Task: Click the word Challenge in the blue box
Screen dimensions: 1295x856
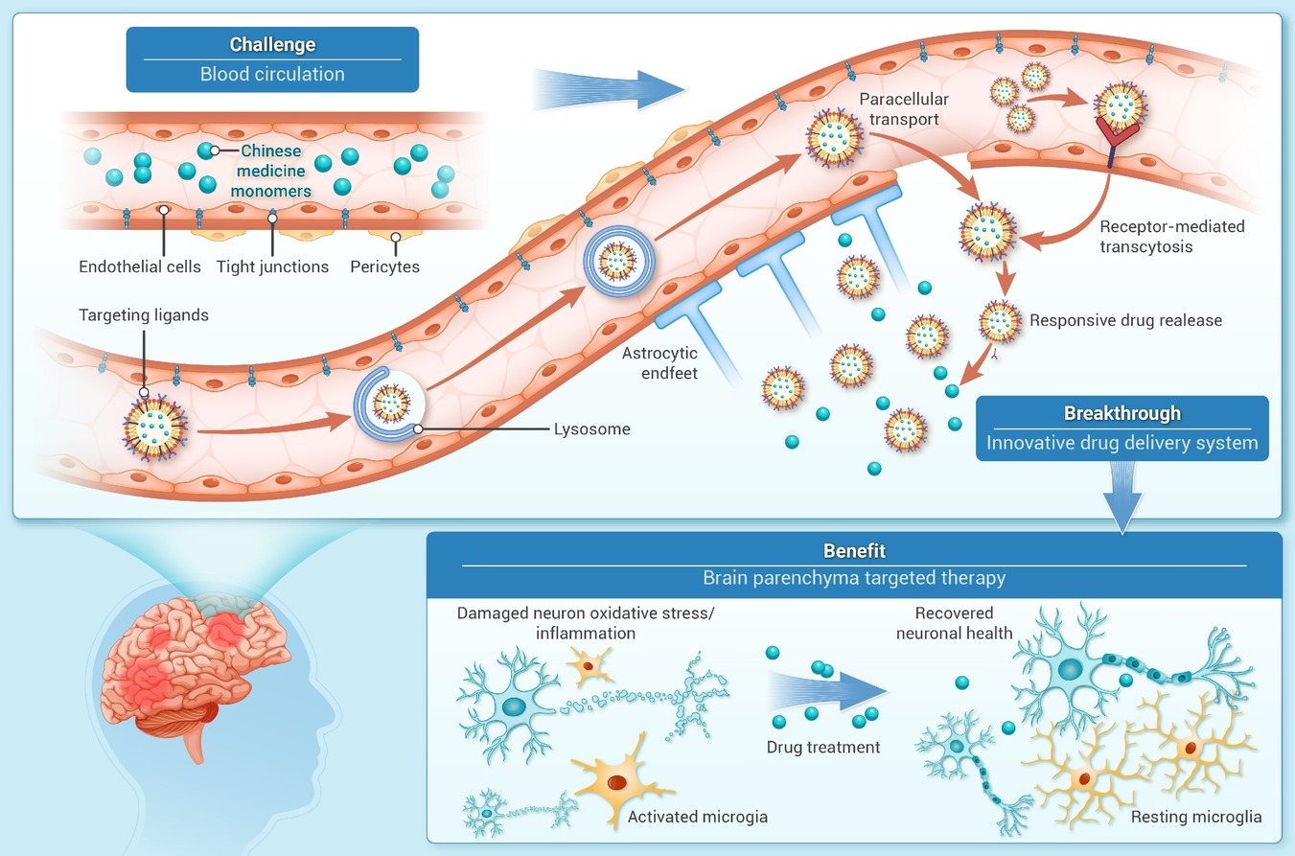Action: click(x=272, y=44)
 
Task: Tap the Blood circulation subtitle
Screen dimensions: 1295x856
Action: click(x=272, y=74)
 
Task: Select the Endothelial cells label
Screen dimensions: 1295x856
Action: click(x=139, y=266)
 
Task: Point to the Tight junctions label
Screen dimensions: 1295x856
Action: click(x=272, y=266)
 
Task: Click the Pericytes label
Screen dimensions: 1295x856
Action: click(x=385, y=266)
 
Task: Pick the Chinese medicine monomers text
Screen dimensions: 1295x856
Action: click(x=270, y=171)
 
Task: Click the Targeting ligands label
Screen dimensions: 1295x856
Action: click(x=144, y=315)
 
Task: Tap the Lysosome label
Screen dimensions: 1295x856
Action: click(x=592, y=428)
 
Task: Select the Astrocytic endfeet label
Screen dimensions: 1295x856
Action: click(x=659, y=363)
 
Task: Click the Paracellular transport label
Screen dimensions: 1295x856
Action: click(x=904, y=109)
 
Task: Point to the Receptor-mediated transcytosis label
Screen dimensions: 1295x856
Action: click(x=1172, y=237)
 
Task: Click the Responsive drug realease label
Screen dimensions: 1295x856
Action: click(x=1125, y=320)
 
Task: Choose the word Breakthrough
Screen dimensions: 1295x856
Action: click(x=1122, y=413)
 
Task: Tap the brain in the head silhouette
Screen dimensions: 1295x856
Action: click(x=194, y=670)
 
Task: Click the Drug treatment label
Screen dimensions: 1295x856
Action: click(x=823, y=748)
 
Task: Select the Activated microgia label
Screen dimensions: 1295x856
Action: click(x=698, y=817)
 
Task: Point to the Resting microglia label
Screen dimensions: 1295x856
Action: click(x=1196, y=817)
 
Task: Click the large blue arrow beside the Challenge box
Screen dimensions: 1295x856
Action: click(x=608, y=89)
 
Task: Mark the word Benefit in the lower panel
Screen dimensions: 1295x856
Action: click(x=854, y=551)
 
